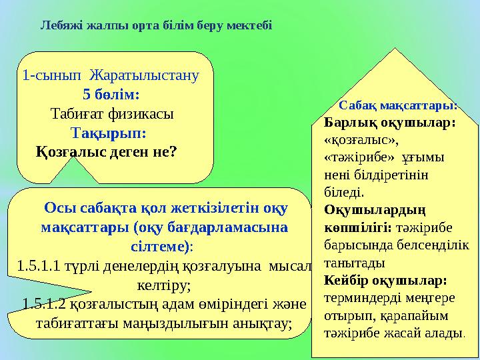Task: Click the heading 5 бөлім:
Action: click(x=112, y=94)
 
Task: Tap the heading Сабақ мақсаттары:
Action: click(x=398, y=105)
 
